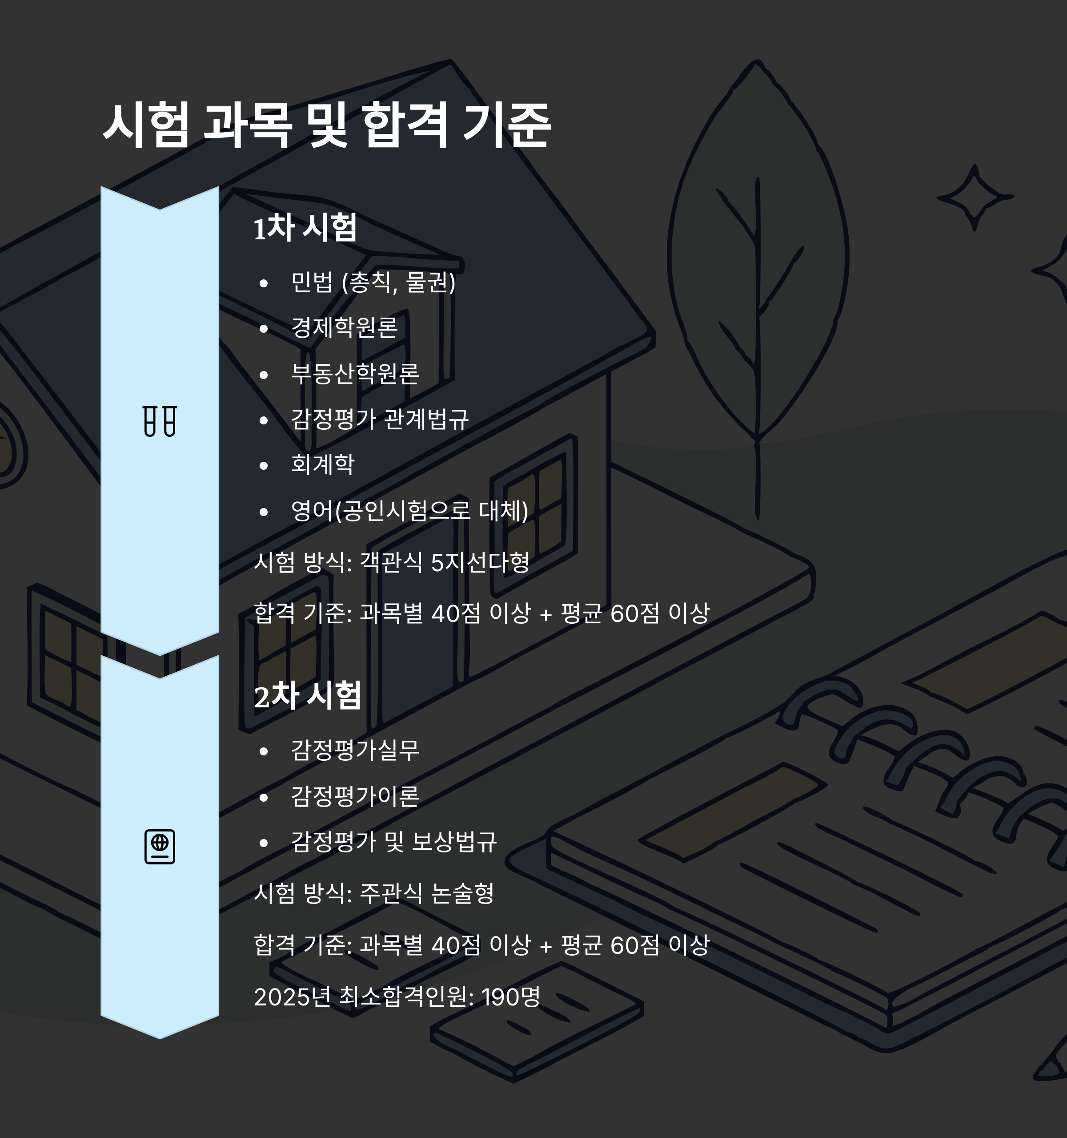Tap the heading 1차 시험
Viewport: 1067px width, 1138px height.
click(305, 228)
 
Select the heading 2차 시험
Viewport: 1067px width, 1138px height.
click(307, 696)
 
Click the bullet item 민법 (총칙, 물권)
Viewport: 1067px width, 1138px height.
click(373, 282)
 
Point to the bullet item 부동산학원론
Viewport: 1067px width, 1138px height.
click(355, 374)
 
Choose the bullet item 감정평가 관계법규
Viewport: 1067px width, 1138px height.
click(380, 419)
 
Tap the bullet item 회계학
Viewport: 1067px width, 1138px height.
click(323, 464)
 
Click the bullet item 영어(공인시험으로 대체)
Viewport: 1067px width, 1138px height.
click(409, 510)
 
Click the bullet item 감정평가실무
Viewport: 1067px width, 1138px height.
click(355, 751)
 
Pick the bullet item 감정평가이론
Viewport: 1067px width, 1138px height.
click(355, 796)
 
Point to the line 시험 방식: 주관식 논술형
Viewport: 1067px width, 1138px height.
click(373, 893)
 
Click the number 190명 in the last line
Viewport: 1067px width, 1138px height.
click(511, 997)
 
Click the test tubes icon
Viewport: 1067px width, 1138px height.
click(160, 421)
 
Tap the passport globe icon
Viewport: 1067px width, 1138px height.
click(160, 847)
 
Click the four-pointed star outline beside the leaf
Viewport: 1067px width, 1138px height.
click(975, 198)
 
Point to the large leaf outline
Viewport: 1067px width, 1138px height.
click(758, 258)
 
